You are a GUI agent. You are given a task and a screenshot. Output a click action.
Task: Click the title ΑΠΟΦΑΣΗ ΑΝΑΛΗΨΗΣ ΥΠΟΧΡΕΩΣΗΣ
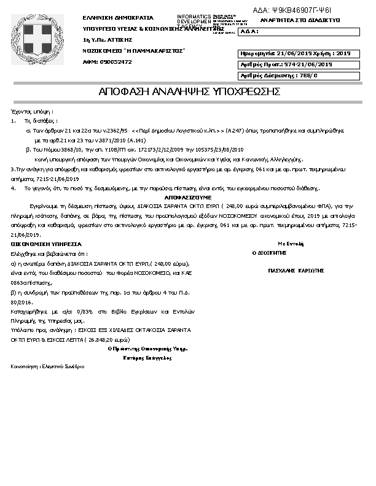point(189,92)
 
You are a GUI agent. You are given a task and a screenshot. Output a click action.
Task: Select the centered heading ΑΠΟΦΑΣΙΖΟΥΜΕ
point(188,198)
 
